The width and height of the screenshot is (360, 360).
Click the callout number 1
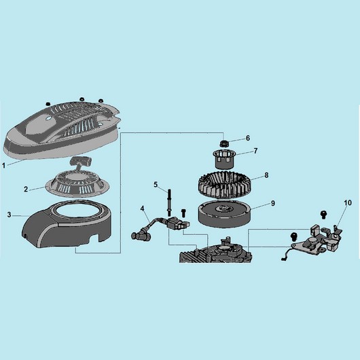(3, 165)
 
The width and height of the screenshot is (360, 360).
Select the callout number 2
(26, 189)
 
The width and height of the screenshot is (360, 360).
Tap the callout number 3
(9, 215)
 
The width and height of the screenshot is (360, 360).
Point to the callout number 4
(143, 209)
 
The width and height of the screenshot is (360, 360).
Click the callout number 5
(156, 185)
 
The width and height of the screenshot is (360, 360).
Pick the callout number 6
(248, 138)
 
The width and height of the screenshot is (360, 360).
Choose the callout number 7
(255, 151)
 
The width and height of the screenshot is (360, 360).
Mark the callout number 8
(266, 175)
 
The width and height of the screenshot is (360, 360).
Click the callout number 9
(273, 203)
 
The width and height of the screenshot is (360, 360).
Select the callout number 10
(348, 202)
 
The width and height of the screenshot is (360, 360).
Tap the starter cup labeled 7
(223, 158)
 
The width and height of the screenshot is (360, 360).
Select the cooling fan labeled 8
(225, 185)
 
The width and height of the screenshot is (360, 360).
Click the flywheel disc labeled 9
(225, 213)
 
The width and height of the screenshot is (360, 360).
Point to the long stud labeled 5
(168, 202)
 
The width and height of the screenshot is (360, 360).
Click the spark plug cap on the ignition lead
(137, 234)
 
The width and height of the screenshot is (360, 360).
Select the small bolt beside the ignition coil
(183, 213)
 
